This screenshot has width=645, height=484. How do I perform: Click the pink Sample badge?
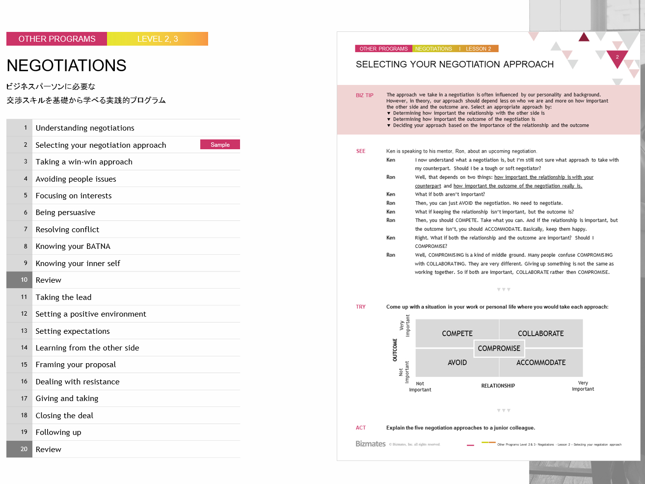(220, 144)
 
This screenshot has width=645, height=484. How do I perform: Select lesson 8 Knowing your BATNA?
(73, 246)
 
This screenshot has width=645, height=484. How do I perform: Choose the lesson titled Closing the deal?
(64, 415)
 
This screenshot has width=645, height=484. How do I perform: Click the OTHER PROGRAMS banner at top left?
(57, 39)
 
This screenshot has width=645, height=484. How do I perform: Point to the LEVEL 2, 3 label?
(158, 39)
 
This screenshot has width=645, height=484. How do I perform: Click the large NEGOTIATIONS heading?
(67, 65)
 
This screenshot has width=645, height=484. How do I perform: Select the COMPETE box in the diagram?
(457, 333)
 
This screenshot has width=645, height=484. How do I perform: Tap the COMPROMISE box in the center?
(499, 349)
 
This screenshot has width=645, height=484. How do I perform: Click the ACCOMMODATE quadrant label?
(541, 363)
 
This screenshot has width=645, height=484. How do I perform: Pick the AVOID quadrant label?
(457, 363)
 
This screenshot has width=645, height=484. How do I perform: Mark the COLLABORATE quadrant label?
(540, 333)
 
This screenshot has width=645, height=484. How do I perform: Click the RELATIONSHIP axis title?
(498, 386)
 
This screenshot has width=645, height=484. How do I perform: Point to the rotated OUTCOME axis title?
(395, 350)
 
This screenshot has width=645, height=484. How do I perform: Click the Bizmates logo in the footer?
(371, 444)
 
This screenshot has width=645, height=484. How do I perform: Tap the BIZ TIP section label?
(364, 95)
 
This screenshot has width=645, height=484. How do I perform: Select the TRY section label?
(361, 307)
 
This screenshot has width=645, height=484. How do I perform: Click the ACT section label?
(361, 428)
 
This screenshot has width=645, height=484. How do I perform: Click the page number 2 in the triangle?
(617, 57)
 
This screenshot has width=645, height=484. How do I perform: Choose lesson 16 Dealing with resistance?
(78, 381)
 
